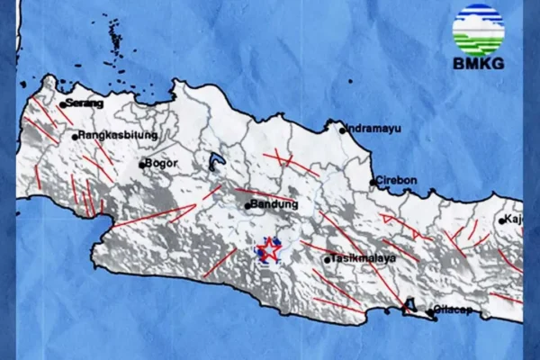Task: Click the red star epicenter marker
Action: pos(268,248)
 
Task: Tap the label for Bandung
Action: pos(274,205)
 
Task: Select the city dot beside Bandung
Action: pos(247,206)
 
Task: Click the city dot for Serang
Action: pos(62,105)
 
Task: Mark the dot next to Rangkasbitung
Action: pos(76,137)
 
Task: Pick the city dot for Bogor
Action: pos(142,165)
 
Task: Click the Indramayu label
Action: pos(373,129)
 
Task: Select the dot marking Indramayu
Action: pos(343,130)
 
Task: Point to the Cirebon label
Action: pos(398,181)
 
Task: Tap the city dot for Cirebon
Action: pos(373,183)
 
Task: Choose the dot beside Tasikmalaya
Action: pos(328,260)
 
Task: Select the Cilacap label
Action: pos(455,308)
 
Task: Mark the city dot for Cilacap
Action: pos(433,317)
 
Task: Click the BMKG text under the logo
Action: pos(478,65)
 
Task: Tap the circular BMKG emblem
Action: pos(478,31)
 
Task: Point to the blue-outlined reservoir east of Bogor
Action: pos(215,162)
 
